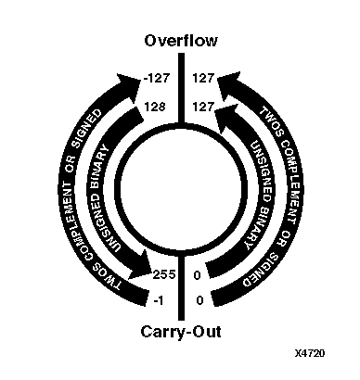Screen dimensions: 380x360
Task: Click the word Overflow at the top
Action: point(180,40)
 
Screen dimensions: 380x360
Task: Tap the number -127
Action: point(154,80)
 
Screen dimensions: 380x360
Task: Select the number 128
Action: point(155,107)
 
